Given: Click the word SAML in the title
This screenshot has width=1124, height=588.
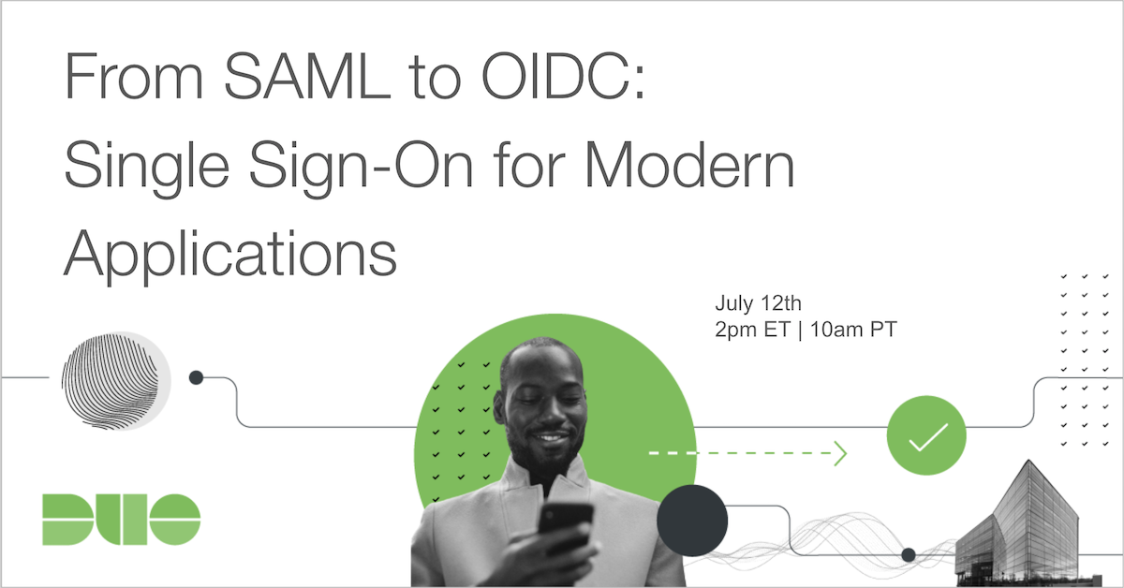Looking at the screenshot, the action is [x=306, y=76].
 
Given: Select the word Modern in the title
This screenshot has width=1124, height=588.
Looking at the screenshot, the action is [x=689, y=164].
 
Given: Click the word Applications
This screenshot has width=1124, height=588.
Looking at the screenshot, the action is [x=230, y=255].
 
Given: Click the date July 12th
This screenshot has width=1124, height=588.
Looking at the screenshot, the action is [x=758, y=303].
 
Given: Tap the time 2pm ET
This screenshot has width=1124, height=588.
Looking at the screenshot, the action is [x=753, y=331].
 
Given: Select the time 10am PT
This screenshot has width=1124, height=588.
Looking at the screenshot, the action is [x=853, y=330].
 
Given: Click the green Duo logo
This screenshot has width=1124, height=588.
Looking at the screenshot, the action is [x=122, y=520].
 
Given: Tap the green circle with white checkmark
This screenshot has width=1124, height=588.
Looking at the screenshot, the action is [x=926, y=435].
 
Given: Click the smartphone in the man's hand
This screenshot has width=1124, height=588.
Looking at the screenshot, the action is [x=566, y=527].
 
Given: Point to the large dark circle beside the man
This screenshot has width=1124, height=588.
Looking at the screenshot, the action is [x=692, y=521].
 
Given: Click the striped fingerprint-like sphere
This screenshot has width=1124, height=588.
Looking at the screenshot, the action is [x=115, y=381].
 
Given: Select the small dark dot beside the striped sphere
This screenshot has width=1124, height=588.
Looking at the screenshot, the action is [x=196, y=377].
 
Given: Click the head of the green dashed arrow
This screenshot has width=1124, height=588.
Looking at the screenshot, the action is [x=841, y=453].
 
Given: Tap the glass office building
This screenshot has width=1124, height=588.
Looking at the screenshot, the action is [x=1024, y=527].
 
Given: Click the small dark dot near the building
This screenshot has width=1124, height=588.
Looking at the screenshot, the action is [x=909, y=555].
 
